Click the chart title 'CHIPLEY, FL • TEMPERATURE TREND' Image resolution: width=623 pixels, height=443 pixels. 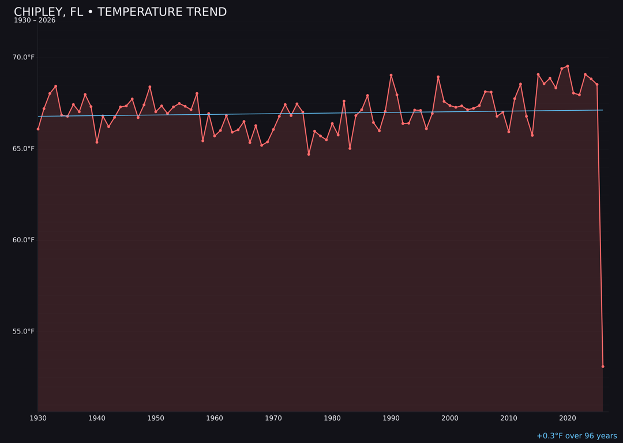point(120,12)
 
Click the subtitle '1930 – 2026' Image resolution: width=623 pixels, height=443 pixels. point(35,21)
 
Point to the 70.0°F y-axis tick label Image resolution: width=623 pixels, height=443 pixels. point(24,57)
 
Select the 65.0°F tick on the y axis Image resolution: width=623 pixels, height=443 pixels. point(24,149)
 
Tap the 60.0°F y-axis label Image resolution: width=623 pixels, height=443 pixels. point(24,240)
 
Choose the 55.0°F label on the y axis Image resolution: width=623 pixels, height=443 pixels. point(24,331)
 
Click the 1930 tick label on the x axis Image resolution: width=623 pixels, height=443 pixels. point(38,418)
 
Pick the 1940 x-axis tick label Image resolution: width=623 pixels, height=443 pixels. point(97,418)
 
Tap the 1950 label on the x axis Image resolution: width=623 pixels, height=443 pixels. point(156,418)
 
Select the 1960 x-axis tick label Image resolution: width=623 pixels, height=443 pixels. point(215,418)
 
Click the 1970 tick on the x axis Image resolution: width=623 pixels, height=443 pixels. point(273,418)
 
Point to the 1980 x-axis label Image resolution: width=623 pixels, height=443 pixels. point(332,418)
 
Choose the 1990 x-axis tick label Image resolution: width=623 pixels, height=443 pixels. point(391,418)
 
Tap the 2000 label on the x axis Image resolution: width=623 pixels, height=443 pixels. point(450,418)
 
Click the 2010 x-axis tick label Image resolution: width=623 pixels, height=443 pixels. point(509,418)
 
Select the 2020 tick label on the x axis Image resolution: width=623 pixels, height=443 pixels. point(568,418)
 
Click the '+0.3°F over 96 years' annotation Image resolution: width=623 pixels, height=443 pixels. point(576,436)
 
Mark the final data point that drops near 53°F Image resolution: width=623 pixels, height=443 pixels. point(603,366)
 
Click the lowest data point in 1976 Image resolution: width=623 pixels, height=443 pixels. point(309,154)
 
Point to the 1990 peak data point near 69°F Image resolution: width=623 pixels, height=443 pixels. point(391,75)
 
